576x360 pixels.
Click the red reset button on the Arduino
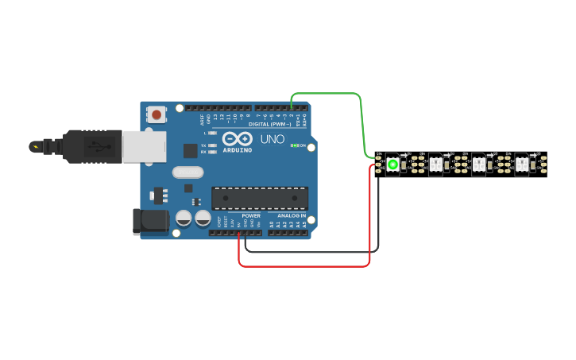pyautogui.click(x=157, y=115)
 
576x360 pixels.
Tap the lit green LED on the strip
pyautogui.click(x=392, y=165)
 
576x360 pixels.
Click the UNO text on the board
pyautogui.click(x=273, y=139)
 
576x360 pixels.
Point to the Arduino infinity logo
pyautogui.click(x=237, y=138)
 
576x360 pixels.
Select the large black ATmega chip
pyautogui.click(x=260, y=199)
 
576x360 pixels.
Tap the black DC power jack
pyautogui.click(x=149, y=222)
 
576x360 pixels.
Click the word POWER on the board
pyautogui.click(x=251, y=215)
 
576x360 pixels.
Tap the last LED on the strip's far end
pyautogui.click(x=522, y=165)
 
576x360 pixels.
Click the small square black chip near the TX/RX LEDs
pyautogui.click(x=190, y=150)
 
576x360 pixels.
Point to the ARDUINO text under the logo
pyautogui.click(x=237, y=149)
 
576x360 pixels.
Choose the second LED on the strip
pyautogui.click(x=435, y=165)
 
